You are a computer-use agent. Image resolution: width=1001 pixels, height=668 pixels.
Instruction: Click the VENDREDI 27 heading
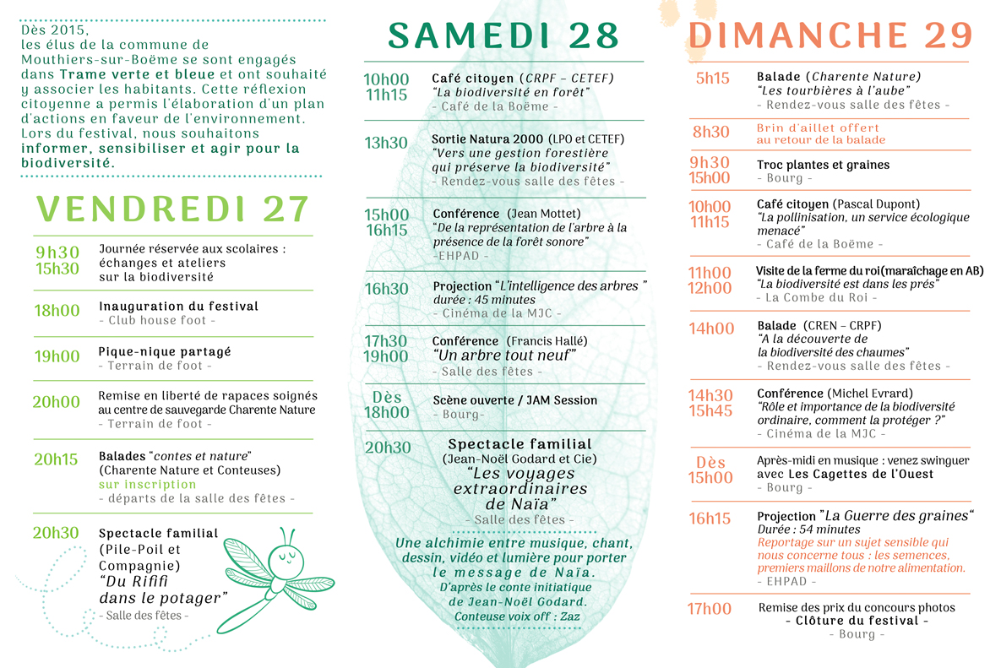172,209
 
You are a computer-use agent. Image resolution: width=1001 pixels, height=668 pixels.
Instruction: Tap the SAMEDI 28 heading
503,35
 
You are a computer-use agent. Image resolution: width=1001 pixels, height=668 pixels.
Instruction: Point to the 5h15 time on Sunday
712,79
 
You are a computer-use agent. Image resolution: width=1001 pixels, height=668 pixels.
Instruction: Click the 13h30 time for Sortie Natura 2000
386,143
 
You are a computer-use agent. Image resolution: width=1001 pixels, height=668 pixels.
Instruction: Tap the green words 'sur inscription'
147,485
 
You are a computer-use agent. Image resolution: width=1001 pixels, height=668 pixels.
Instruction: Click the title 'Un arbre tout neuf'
504,356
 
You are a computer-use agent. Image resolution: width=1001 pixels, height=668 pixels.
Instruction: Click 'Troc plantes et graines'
823,165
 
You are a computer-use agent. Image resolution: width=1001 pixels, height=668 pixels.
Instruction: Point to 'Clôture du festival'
857,621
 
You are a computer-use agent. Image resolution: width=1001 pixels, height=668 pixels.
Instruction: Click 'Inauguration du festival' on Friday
178,307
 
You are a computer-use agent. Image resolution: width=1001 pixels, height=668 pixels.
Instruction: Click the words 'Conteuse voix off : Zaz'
517,616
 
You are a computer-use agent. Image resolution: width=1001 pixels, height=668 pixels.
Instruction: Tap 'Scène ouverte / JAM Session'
515,400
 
